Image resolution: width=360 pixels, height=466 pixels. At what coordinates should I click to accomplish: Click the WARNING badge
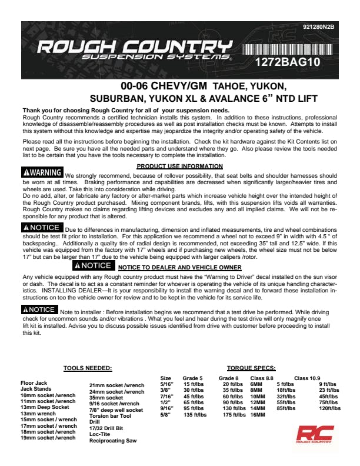[42, 172]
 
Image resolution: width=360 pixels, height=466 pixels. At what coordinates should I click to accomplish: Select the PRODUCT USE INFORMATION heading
[179, 167]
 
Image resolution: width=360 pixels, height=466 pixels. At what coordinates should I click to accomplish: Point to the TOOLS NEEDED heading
[88, 368]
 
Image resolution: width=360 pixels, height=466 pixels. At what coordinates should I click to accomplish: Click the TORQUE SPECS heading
[251, 368]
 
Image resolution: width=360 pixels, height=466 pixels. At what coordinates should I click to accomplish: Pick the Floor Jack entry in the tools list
[34, 383]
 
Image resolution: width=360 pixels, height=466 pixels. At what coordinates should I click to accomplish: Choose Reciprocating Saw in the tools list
[114, 440]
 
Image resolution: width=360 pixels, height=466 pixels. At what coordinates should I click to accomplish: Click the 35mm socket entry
[106, 398]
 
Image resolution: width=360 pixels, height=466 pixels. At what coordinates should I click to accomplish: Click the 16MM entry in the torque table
[258, 415]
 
